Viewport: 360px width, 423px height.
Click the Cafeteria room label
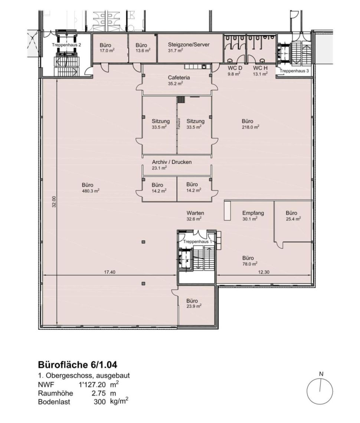[x=179, y=78]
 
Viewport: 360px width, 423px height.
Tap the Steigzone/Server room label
[x=189, y=44]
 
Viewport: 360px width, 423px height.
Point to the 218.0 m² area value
[x=251, y=127]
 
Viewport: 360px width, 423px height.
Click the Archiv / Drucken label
[x=172, y=162]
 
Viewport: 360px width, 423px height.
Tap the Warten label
[x=195, y=213]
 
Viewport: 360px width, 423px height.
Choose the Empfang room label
[x=253, y=213]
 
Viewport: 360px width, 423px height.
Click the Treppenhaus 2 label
[x=66, y=45]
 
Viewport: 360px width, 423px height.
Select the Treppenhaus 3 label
[x=294, y=71]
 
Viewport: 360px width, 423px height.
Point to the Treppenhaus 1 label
[x=198, y=242]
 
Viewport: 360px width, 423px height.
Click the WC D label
[x=235, y=68]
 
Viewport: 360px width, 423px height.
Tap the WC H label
[x=260, y=68]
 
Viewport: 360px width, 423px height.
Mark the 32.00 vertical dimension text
[x=54, y=202]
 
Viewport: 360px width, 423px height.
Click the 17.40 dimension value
[x=109, y=272]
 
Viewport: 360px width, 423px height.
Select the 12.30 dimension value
[x=264, y=272]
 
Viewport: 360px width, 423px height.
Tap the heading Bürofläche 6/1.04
[x=78, y=365]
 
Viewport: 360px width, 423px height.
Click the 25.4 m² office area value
[x=293, y=219]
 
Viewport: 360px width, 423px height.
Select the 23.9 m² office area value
[x=194, y=307]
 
